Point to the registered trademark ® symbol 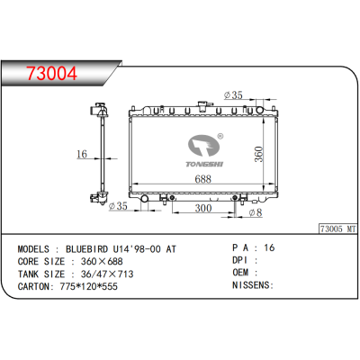[x=220, y=129]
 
